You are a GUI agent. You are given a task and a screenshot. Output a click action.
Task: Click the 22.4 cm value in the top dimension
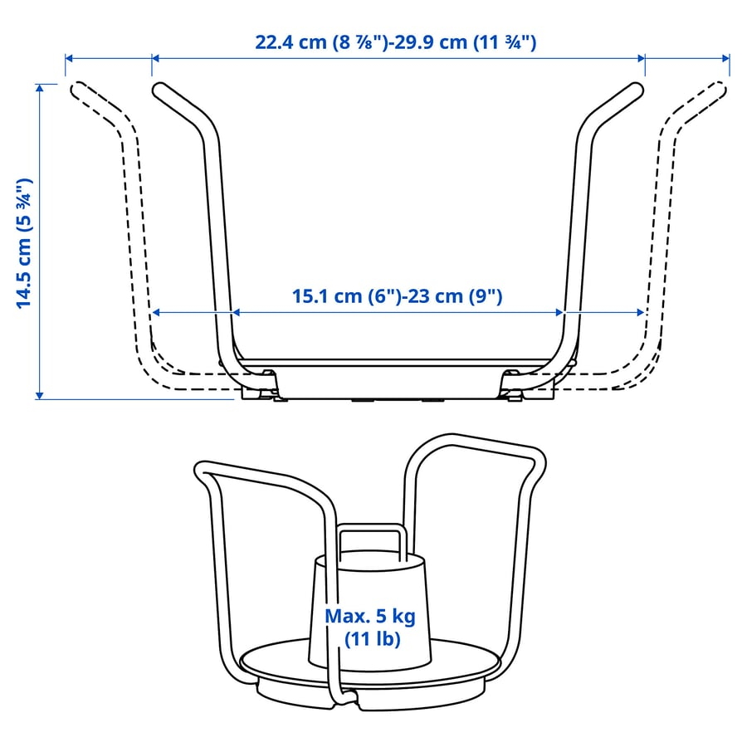[290, 42]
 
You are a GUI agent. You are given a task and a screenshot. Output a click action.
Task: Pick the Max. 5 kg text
[370, 616]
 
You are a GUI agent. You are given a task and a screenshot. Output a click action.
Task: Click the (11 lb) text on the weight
[373, 639]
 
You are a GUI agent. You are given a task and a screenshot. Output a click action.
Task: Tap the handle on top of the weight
[371, 527]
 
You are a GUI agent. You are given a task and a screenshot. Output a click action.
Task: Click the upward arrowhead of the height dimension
[40, 88]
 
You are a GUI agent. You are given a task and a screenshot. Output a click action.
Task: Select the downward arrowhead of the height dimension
[40, 395]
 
